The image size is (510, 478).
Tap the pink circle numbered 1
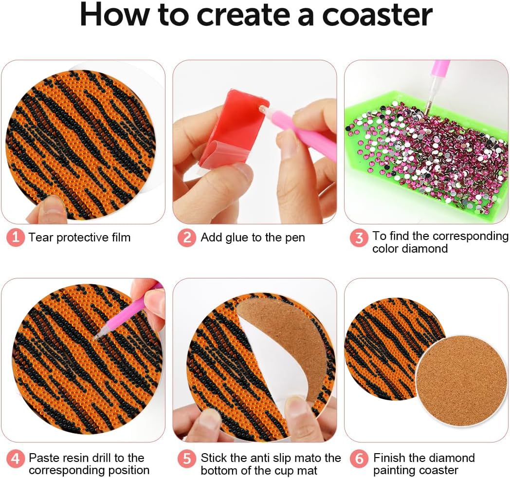pyautogui.click(x=16, y=238)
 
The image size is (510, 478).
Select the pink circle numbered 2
pyautogui.click(x=187, y=238)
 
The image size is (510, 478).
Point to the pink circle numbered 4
pyautogui.click(x=16, y=459)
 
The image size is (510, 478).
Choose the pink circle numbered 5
pyautogui.click(x=187, y=459)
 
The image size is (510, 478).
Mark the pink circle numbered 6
pyautogui.click(x=359, y=459)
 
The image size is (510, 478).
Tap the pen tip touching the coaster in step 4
pyautogui.click(x=95, y=338)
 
